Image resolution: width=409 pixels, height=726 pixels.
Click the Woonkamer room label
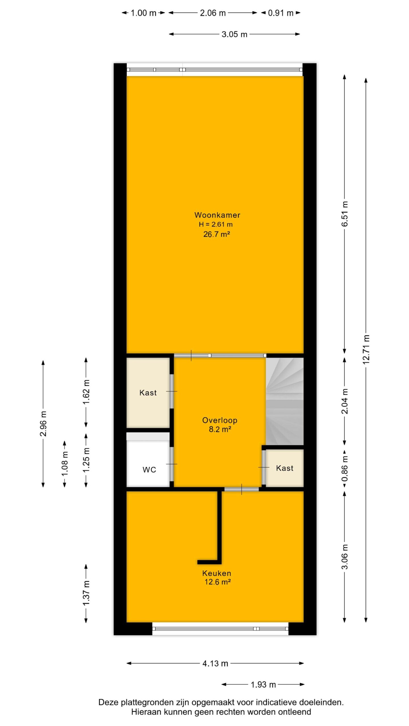(x=217, y=215)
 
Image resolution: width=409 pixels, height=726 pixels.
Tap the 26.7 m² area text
(x=216, y=234)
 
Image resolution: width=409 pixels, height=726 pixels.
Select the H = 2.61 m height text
(x=216, y=224)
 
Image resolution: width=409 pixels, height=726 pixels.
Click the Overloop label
(x=220, y=420)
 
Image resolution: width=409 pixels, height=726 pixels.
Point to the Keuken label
(x=217, y=573)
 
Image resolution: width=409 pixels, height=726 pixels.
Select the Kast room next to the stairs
(x=285, y=468)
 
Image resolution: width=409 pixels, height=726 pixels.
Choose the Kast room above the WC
(x=148, y=393)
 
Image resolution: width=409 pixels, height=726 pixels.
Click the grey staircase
(x=285, y=401)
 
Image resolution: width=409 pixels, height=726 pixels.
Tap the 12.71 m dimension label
(x=366, y=349)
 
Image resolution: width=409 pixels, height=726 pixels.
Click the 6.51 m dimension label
(x=345, y=214)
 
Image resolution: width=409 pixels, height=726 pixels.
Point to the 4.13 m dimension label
(x=215, y=663)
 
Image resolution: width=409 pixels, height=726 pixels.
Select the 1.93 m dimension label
(x=263, y=685)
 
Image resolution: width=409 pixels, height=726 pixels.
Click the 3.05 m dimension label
(x=234, y=34)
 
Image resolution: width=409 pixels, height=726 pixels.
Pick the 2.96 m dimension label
(x=43, y=423)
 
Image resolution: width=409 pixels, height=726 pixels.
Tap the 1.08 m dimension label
(x=65, y=464)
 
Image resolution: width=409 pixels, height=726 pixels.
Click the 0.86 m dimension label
(x=345, y=468)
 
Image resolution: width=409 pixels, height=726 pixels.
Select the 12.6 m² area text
(x=218, y=582)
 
